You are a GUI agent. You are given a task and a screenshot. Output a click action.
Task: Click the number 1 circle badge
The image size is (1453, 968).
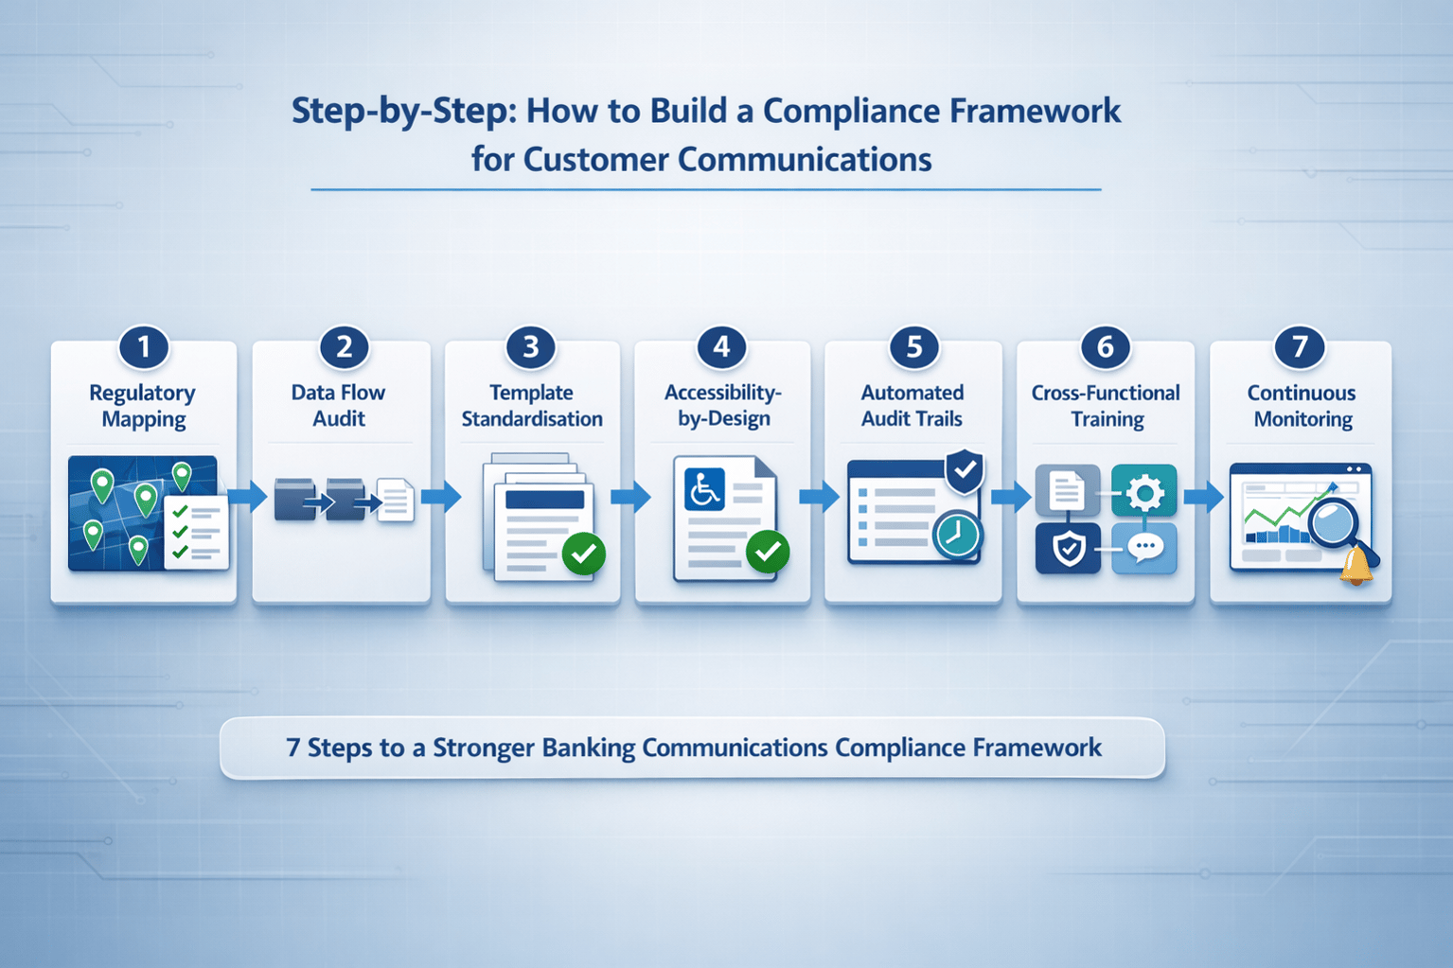[144, 347]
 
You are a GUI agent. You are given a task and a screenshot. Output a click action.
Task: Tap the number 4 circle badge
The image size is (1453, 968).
[721, 347]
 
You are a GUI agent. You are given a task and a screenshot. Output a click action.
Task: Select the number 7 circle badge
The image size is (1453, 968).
[1300, 347]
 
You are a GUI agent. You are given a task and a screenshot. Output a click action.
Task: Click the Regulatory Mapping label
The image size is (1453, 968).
[143, 406]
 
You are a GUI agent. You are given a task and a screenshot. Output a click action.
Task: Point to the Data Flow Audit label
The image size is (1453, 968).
[338, 406]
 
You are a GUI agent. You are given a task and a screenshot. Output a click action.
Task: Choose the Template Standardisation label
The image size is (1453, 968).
[532, 406]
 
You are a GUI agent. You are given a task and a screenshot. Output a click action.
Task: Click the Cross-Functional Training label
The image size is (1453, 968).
[1106, 406]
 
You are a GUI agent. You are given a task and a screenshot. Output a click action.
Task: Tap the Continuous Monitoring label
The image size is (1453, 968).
[1302, 406]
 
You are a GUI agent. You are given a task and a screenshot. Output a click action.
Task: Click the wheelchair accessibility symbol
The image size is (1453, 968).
[704, 489]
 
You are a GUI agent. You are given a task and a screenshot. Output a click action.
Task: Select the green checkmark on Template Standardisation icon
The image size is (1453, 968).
[584, 553]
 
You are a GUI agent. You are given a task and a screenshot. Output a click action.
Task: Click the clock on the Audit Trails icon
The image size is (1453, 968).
[957, 535]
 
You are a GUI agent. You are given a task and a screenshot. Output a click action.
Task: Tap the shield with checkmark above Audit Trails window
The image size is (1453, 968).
[965, 470]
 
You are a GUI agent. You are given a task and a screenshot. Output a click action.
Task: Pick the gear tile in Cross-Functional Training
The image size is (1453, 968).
[1143, 491]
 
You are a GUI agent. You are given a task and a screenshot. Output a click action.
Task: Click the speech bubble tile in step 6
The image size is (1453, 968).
[1143, 548]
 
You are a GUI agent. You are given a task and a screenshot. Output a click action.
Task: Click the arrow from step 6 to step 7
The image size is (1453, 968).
[1203, 496]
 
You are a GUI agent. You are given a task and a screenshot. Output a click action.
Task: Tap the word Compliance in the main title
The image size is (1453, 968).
[851, 111]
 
